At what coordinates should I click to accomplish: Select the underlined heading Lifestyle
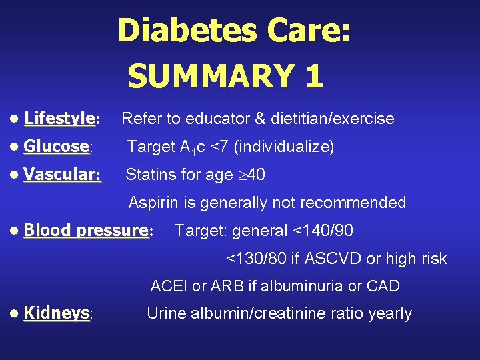pos(59,119)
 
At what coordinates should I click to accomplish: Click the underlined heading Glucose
pos(56,146)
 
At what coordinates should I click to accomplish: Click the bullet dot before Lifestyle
pos(15,119)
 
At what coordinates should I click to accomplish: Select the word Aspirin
pos(152,202)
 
